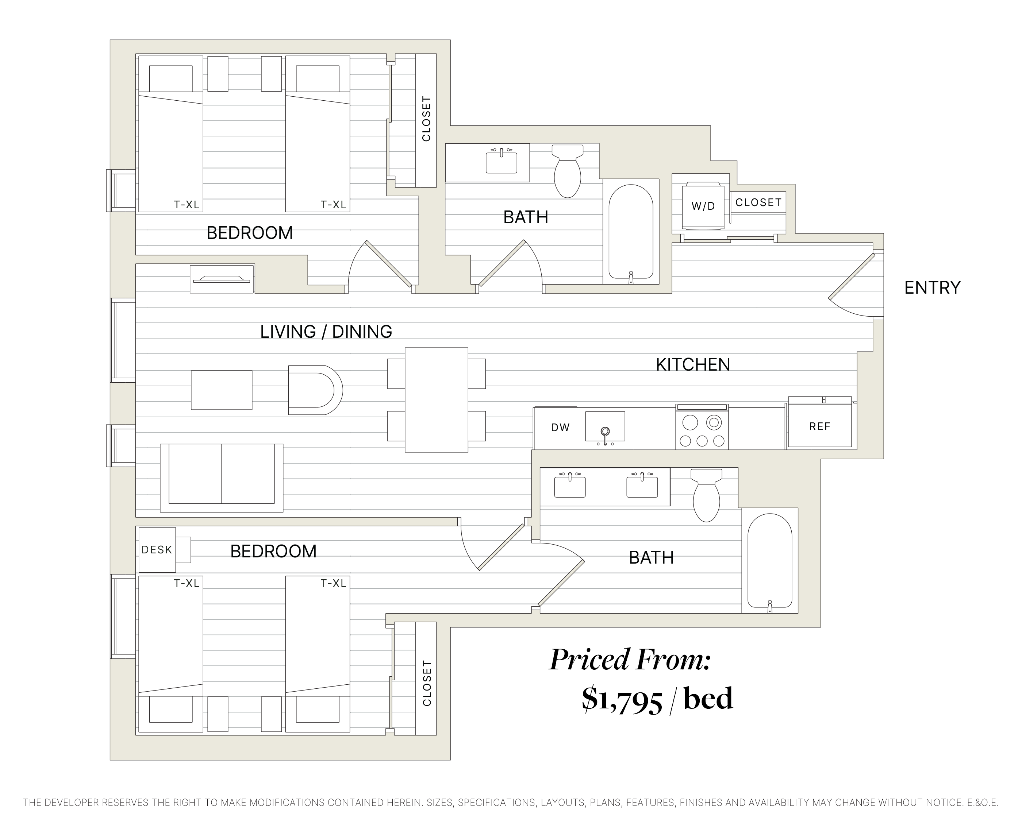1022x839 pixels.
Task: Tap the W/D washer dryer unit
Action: (703, 206)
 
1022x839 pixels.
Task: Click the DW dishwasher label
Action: (560, 427)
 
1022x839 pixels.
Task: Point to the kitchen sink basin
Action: (605, 426)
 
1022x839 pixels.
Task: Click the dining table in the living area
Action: (436, 400)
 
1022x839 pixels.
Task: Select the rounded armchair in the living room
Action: (313, 390)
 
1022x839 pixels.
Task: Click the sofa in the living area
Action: (222, 478)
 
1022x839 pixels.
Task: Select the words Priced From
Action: (630, 660)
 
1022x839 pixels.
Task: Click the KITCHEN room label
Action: (692, 364)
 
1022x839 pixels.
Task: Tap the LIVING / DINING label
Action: (326, 332)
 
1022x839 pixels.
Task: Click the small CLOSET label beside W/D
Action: (758, 202)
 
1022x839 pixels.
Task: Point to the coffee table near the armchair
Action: (222, 390)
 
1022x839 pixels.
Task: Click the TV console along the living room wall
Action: (222, 279)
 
